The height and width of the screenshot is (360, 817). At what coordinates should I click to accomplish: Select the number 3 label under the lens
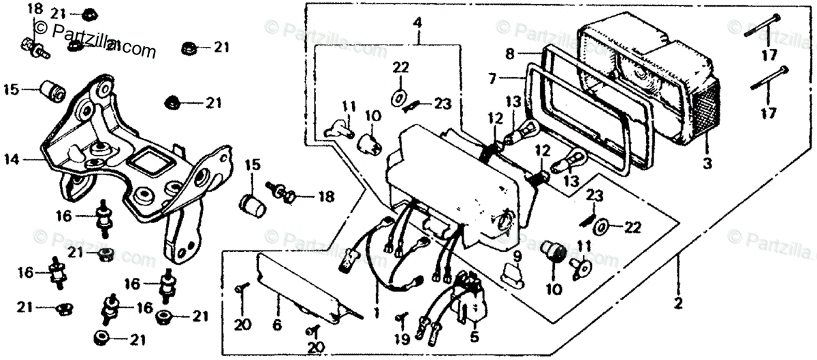pyautogui.click(x=707, y=164)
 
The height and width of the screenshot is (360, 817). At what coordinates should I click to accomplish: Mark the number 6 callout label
pyautogui.click(x=276, y=326)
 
